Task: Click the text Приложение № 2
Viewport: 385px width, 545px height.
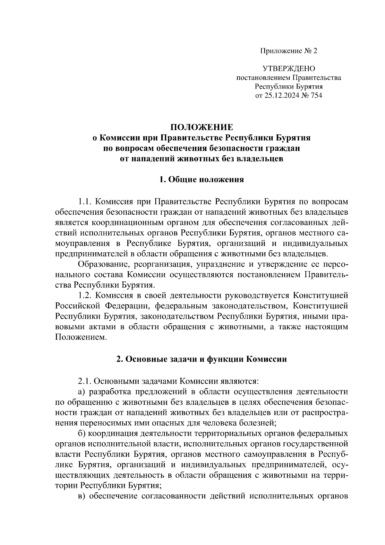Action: tap(288, 51)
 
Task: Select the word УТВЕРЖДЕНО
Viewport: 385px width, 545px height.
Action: tap(289, 69)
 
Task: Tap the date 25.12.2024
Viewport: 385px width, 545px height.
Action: tap(280, 95)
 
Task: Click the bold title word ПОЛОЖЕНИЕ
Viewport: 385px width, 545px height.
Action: tap(201, 127)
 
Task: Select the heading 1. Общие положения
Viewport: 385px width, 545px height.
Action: tap(201, 179)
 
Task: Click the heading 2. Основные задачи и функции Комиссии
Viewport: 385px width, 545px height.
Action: tap(201, 359)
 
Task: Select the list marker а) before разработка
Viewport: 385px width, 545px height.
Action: tap(82, 392)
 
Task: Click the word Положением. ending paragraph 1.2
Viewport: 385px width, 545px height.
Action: tap(81, 337)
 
